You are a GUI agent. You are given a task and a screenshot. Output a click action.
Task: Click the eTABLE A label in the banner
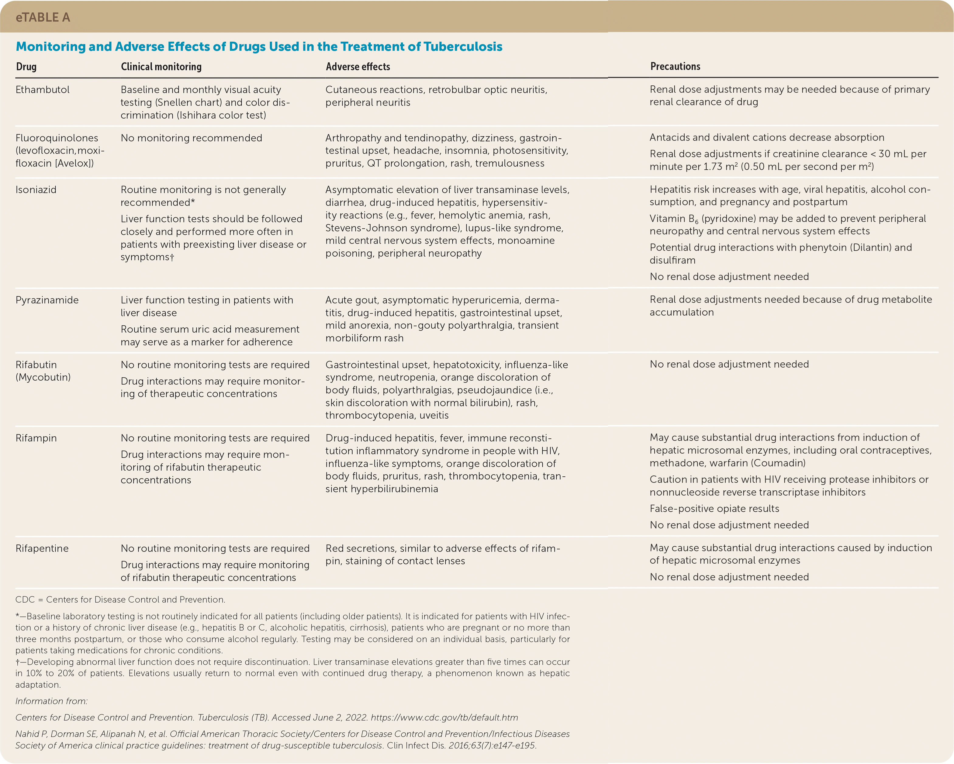(x=43, y=17)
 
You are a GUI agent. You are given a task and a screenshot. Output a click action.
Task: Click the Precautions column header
(x=675, y=66)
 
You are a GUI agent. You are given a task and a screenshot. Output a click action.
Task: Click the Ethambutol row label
(x=43, y=90)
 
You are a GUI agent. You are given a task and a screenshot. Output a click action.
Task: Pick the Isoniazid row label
(x=36, y=190)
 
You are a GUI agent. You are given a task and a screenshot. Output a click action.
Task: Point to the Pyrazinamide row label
(x=47, y=300)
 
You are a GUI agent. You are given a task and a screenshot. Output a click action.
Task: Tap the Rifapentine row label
(x=42, y=548)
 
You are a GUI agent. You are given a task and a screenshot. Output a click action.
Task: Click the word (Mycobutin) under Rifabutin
(x=43, y=377)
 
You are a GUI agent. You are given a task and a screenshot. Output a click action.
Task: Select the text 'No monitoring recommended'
(x=191, y=138)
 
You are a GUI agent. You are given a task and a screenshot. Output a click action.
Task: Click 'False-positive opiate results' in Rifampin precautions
(x=714, y=509)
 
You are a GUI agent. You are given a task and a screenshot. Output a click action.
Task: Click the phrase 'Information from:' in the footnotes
(x=51, y=701)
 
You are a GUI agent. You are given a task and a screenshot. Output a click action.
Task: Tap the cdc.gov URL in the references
(x=444, y=717)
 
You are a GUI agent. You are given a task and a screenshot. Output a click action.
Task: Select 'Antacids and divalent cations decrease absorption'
(x=766, y=138)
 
